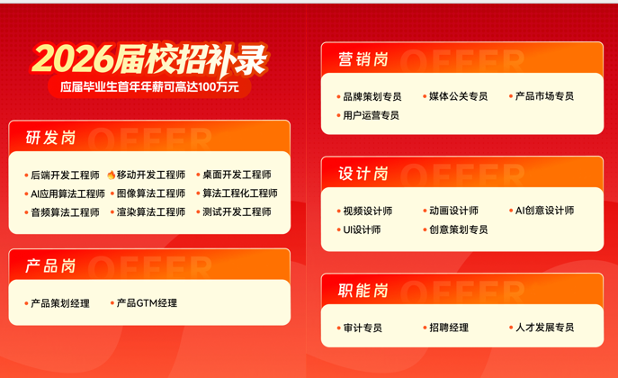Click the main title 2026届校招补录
click(x=149, y=58)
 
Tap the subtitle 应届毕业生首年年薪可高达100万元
click(x=149, y=87)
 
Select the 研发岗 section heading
click(x=50, y=138)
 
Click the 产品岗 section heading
click(x=50, y=266)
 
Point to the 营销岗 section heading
click(x=363, y=59)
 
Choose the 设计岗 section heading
click(x=363, y=174)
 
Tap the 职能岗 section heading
click(x=363, y=291)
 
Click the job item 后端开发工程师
click(x=65, y=175)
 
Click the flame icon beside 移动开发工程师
click(x=111, y=175)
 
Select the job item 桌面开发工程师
click(x=237, y=175)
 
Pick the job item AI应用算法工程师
click(x=67, y=193)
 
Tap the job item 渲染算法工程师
click(x=151, y=212)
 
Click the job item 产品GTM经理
click(x=147, y=303)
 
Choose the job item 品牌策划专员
click(x=372, y=96)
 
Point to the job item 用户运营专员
click(x=371, y=115)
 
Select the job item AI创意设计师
click(x=544, y=211)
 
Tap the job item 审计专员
click(x=363, y=328)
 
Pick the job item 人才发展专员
click(x=544, y=328)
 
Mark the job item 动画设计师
click(x=453, y=211)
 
